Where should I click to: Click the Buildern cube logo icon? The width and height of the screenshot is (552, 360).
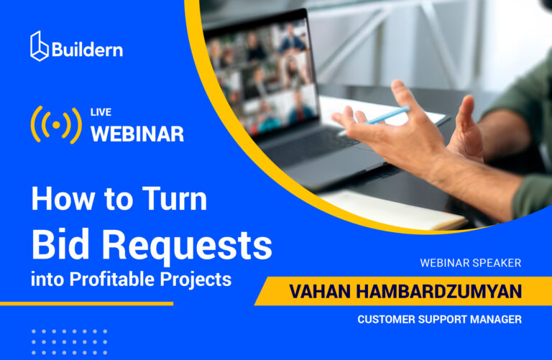tap(40, 46)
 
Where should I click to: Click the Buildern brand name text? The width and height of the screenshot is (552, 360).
tap(87, 49)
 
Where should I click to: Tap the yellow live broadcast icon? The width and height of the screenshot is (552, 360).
tap(56, 124)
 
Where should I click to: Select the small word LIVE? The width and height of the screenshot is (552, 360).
tap(101, 112)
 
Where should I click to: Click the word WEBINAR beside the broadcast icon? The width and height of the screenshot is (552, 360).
tap(137, 133)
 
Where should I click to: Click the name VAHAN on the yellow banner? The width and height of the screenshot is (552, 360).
tap(321, 292)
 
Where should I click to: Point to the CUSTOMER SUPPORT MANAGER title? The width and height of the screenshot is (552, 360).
tap(439, 319)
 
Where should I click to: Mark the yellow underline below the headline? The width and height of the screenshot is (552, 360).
tap(86, 303)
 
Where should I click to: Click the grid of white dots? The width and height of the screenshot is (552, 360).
tap(69, 342)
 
